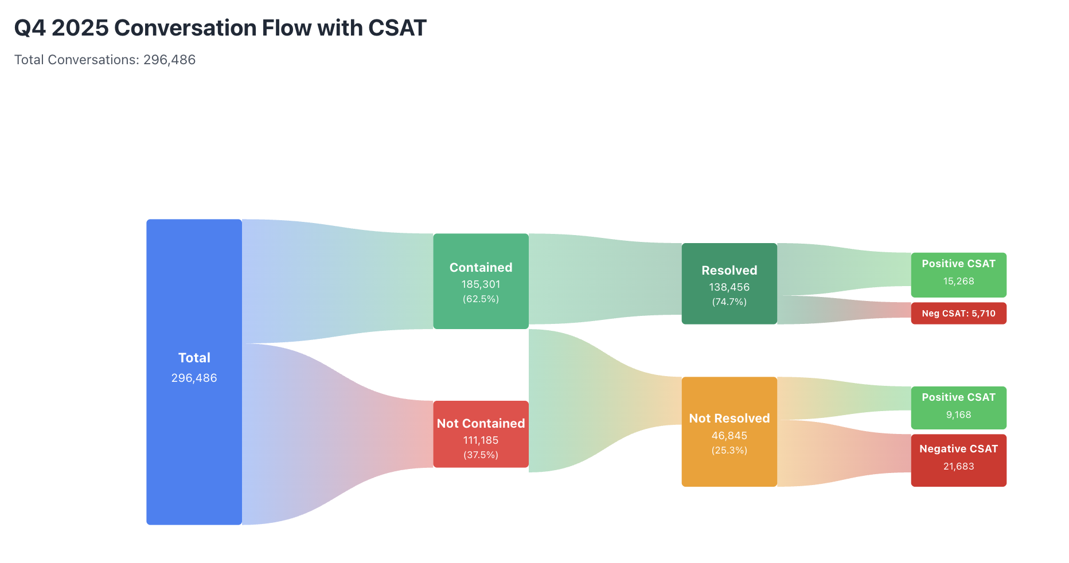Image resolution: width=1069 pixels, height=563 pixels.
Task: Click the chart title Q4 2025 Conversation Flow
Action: click(220, 28)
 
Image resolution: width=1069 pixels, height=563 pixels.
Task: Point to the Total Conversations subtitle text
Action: click(105, 60)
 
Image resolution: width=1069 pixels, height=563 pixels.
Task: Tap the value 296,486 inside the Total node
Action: click(194, 378)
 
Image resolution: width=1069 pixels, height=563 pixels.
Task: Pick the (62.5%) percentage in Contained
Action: click(481, 299)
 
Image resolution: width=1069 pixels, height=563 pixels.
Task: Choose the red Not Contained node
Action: click(481, 410)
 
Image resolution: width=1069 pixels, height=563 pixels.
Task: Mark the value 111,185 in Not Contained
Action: click(481, 440)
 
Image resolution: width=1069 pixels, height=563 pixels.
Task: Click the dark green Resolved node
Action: click(729, 255)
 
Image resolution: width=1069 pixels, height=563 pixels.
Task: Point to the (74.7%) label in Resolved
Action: click(729, 302)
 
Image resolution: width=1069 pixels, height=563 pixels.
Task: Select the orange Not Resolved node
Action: click(729, 470)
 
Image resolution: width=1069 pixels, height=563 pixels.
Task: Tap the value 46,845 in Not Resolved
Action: click(729, 436)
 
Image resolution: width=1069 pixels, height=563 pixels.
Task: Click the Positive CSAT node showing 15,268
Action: click(958, 275)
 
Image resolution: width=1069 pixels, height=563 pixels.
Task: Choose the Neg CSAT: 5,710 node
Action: click(958, 314)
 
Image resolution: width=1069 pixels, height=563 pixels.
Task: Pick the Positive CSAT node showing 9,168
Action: click(958, 408)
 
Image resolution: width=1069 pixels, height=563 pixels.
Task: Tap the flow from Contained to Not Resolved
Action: click(602, 401)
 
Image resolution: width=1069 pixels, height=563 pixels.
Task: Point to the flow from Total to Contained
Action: click(338, 281)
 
